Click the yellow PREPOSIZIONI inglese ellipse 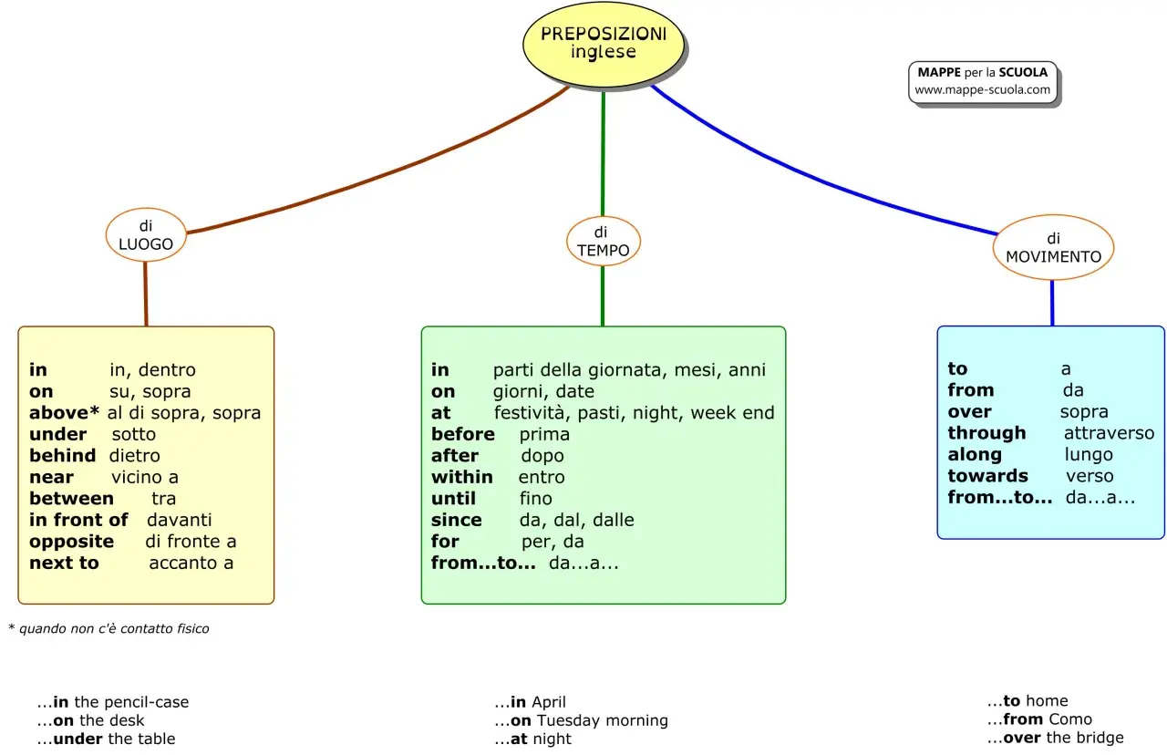(x=604, y=44)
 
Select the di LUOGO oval (x=146, y=235)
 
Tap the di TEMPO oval (x=604, y=242)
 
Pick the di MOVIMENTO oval (x=1053, y=247)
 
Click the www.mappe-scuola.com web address (x=982, y=89)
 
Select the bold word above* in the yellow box (x=64, y=413)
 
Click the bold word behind (x=63, y=455)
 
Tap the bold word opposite (x=71, y=542)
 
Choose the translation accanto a (x=191, y=563)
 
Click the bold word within (x=461, y=477)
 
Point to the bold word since (x=457, y=520)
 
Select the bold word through (x=986, y=433)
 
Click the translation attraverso (x=1109, y=433)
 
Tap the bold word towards (x=987, y=476)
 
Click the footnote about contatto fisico (x=108, y=628)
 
